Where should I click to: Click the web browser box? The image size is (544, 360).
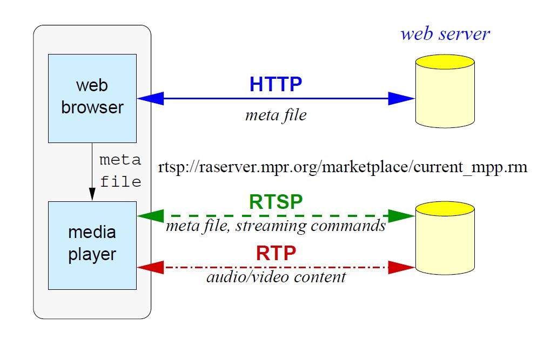tap(92, 98)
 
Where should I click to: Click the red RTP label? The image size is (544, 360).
tap(276, 253)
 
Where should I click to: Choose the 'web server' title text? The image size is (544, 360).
tap(445, 33)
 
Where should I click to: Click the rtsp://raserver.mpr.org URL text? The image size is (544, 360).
tap(342, 167)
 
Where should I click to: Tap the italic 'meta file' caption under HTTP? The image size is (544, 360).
tap(276, 115)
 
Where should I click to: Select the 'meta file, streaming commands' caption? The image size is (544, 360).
tap(276, 226)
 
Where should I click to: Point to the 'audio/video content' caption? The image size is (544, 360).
tap(276, 277)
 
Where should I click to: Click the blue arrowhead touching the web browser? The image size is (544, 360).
tap(149, 98)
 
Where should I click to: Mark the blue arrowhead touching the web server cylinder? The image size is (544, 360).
tap(402, 98)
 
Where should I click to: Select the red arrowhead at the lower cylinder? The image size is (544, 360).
tap(402, 267)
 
